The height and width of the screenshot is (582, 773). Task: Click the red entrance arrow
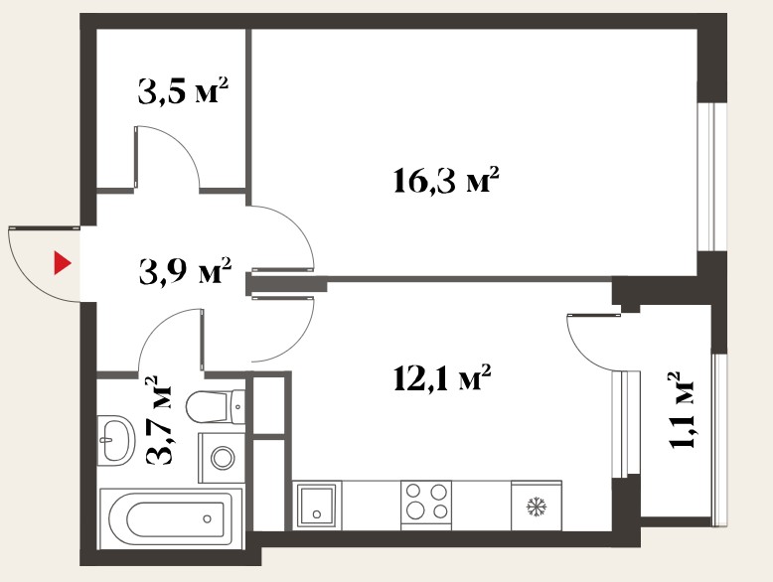tap(62, 263)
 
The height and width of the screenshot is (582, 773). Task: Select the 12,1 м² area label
tap(443, 378)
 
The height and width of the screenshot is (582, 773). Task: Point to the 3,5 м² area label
tap(183, 90)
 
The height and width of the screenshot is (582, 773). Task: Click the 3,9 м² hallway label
tap(185, 270)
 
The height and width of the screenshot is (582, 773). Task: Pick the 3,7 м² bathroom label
tap(159, 420)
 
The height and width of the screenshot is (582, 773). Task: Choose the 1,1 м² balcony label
tap(682, 409)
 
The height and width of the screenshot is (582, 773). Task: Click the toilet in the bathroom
tap(216, 406)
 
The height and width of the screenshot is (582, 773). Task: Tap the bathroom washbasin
tap(116, 439)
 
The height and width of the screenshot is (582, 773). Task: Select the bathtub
tap(171, 518)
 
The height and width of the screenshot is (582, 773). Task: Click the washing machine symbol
tap(222, 458)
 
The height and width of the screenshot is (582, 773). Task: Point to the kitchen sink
tap(317, 506)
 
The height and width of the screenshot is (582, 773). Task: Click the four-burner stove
tap(426, 506)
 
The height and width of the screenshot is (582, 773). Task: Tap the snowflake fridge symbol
tap(537, 507)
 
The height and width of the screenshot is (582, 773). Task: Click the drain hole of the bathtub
tap(207, 518)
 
